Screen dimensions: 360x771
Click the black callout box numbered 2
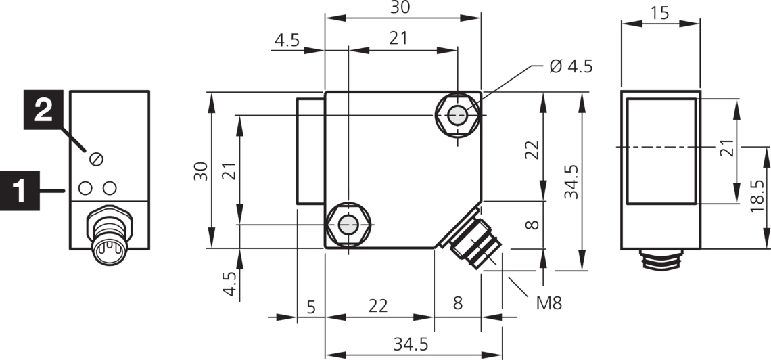tap(43, 109)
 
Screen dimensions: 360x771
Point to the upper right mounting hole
tap(458, 116)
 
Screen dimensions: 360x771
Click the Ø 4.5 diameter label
tap(571, 66)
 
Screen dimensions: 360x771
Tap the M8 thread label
tap(549, 302)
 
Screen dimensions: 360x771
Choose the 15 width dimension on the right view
tap(661, 13)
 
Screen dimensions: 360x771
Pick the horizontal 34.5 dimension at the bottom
tap(411, 344)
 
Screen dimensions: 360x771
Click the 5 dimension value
tap(311, 307)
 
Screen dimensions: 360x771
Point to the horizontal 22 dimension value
tap(378, 306)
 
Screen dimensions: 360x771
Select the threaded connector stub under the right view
tap(661, 259)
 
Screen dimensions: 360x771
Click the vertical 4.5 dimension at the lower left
tap(229, 284)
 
